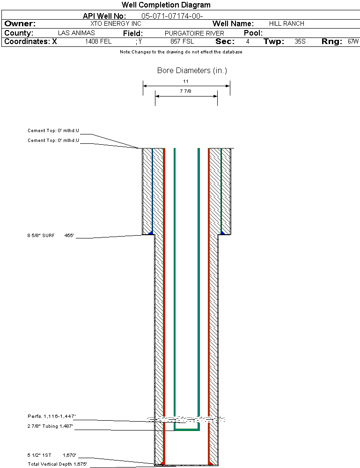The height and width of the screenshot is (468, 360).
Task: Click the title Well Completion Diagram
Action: tap(166, 5)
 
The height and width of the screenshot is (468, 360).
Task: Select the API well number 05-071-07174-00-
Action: tap(172, 16)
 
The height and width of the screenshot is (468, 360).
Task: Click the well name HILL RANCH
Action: tap(287, 24)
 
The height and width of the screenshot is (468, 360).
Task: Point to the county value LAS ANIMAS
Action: tap(76, 33)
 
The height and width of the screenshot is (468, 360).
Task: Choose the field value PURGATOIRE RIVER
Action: tap(194, 33)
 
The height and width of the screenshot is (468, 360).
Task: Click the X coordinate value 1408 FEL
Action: tap(98, 42)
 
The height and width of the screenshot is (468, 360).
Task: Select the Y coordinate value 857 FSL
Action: tap(182, 42)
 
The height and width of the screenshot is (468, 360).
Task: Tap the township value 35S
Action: tap(300, 42)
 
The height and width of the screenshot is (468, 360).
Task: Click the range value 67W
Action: tap(353, 42)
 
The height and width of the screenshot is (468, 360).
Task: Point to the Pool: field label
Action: tap(253, 33)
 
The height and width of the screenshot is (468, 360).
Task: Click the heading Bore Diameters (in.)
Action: tap(192, 71)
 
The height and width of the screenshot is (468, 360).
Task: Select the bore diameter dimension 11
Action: tap(186, 81)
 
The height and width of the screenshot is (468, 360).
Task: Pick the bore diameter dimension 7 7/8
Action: tap(186, 91)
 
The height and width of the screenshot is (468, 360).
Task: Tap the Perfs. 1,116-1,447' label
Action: tap(51, 416)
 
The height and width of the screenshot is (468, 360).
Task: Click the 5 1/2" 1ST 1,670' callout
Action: tap(51, 455)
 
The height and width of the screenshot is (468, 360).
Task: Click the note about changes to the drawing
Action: tap(181, 52)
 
